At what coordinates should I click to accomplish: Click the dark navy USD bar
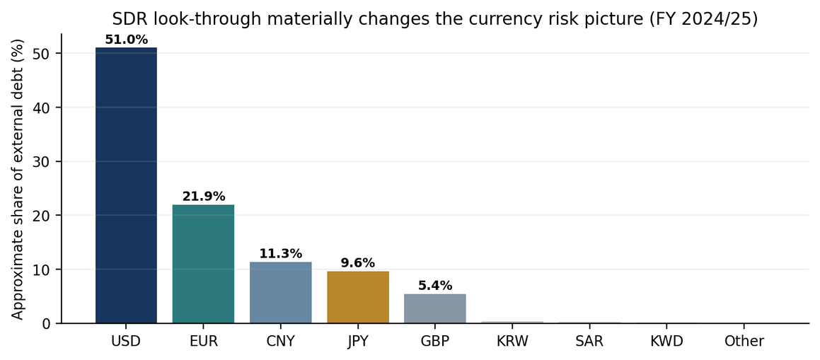pyautogui.click(x=126, y=185)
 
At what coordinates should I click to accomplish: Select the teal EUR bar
pyautogui.click(x=204, y=264)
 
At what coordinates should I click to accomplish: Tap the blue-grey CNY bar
pyautogui.click(x=281, y=293)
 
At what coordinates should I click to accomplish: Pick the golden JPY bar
pyautogui.click(x=358, y=297)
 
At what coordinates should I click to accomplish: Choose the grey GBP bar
pyautogui.click(x=435, y=309)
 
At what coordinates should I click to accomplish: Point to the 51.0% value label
pyautogui.click(x=126, y=40)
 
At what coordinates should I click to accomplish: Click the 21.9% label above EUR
pyautogui.click(x=204, y=197)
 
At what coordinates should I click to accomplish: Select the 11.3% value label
pyautogui.click(x=281, y=254)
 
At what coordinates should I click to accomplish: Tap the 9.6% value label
pyautogui.click(x=358, y=263)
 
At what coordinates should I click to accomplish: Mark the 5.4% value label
pyautogui.click(x=435, y=286)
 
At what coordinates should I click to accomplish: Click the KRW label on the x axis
pyautogui.click(x=512, y=342)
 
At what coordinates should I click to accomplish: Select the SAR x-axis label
pyautogui.click(x=590, y=342)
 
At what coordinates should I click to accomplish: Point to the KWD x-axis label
pyautogui.click(x=667, y=342)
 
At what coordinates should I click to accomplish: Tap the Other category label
pyautogui.click(x=745, y=342)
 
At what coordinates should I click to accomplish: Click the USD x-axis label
pyautogui.click(x=126, y=342)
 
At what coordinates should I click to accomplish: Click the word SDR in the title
pyautogui.click(x=127, y=19)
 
